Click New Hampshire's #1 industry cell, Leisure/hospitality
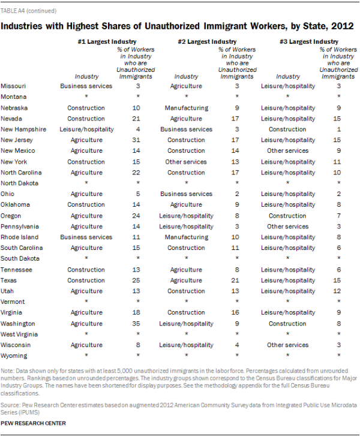click(x=86, y=129)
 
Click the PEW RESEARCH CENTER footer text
click(x=34, y=423)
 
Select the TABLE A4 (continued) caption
click(x=29, y=10)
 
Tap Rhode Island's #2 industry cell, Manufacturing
click(x=186, y=237)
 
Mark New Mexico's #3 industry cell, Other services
click(x=288, y=150)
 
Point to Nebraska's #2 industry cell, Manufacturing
click(x=186, y=107)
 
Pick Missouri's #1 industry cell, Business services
click(x=86, y=86)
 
